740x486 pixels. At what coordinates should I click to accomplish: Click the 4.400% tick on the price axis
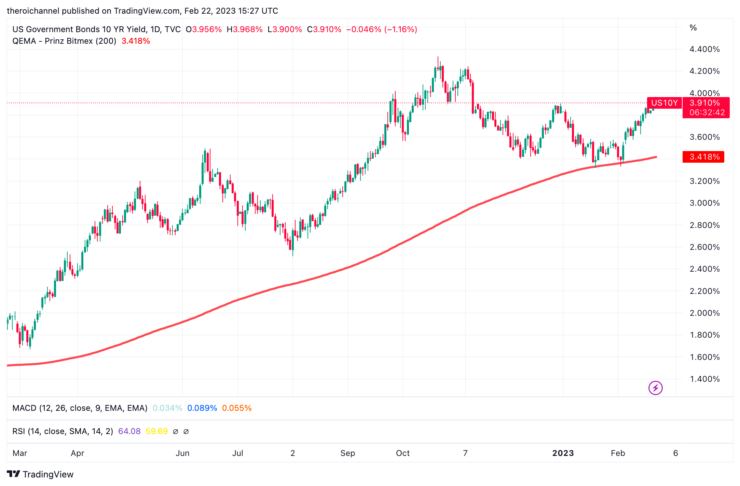704,49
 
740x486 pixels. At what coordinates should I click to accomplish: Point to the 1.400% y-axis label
704,379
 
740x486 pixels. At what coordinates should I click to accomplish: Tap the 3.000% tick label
704,203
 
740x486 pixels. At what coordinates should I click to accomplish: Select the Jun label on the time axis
182,453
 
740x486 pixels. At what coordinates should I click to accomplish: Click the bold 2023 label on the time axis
563,453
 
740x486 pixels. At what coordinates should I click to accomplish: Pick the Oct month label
402,453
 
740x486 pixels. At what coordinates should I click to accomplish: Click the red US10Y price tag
664,103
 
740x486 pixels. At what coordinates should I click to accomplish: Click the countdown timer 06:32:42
707,112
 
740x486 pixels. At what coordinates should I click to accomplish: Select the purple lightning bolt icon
655,388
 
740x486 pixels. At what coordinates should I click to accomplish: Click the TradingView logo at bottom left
40,474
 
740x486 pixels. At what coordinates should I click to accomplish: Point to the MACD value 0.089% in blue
202,408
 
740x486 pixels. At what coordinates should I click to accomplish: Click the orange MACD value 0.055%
236,408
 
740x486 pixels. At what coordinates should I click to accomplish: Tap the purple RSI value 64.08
129,431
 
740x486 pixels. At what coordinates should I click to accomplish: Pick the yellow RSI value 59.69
156,431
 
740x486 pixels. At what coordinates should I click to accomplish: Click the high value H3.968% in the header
245,29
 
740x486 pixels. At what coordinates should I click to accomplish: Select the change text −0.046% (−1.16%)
382,29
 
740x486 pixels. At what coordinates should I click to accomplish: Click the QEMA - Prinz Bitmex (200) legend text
64,41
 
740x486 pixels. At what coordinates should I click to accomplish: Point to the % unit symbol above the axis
693,28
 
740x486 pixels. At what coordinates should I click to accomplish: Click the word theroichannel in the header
33,11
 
